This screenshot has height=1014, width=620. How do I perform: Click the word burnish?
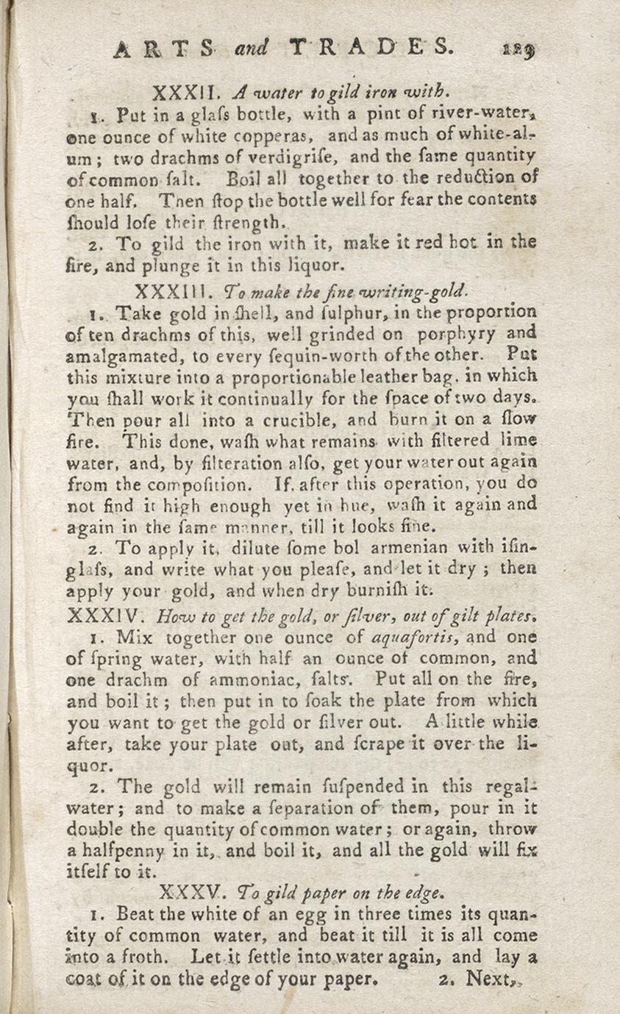pyautogui.click(x=388, y=590)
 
